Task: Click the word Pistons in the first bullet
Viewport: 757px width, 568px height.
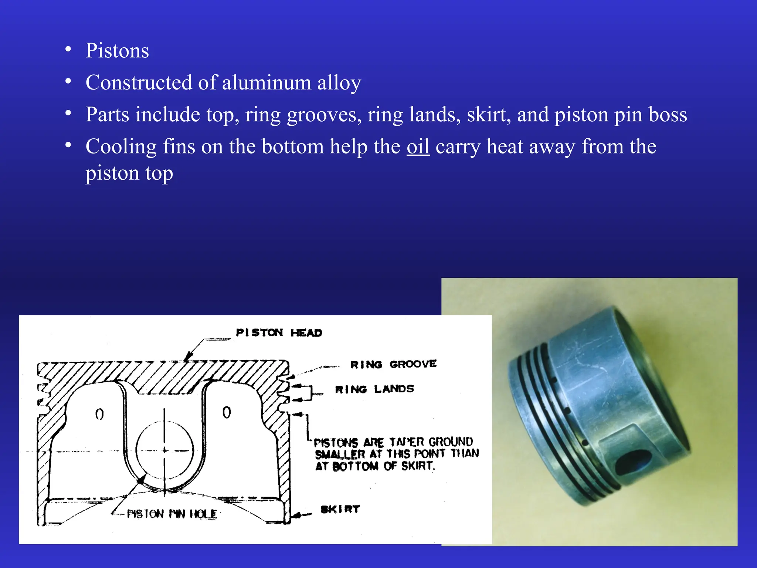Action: coord(117,51)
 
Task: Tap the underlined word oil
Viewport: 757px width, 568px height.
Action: coord(418,146)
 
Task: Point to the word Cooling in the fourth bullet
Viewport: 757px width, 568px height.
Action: coord(121,147)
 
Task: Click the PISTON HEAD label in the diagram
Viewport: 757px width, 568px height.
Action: coord(279,333)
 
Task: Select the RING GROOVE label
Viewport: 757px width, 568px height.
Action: coord(393,365)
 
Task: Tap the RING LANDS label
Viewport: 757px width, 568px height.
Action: coord(374,389)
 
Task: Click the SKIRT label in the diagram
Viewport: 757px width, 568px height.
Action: coord(340,509)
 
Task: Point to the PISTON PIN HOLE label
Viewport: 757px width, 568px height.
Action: coord(172,514)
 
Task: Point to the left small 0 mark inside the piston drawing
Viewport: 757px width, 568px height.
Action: coord(99,414)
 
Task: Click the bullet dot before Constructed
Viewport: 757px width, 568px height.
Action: coord(68,81)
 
